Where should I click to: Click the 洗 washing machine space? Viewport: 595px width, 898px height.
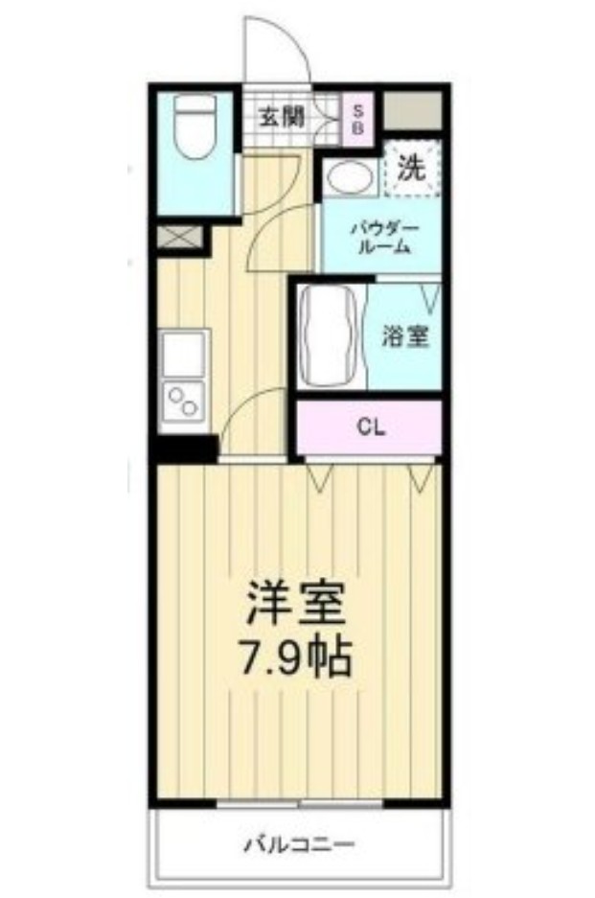(411, 169)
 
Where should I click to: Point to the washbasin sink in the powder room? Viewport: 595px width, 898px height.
(345, 175)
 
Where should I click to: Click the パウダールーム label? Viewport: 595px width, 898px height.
(380, 237)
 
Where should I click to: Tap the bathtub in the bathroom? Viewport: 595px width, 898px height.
(329, 335)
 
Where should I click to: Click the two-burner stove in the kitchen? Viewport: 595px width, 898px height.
(183, 401)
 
